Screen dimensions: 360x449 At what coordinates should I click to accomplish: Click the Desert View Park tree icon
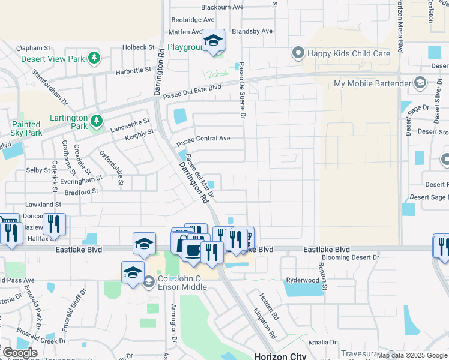[94, 58]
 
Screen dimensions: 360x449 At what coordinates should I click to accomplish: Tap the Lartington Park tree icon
[96, 122]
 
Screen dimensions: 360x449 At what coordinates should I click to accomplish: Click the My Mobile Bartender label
[372, 83]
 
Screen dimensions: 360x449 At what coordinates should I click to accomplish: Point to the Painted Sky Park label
[26, 127]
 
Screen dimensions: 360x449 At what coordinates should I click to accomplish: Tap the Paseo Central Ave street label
[203, 139]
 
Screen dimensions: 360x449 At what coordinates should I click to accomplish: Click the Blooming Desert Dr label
[351, 257]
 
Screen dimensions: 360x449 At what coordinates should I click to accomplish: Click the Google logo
[19, 353]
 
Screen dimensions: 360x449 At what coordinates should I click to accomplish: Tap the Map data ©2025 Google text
[412, 355]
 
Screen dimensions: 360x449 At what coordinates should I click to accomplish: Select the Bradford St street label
[81, 191]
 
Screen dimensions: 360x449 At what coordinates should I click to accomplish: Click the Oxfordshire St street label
[111, 168]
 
